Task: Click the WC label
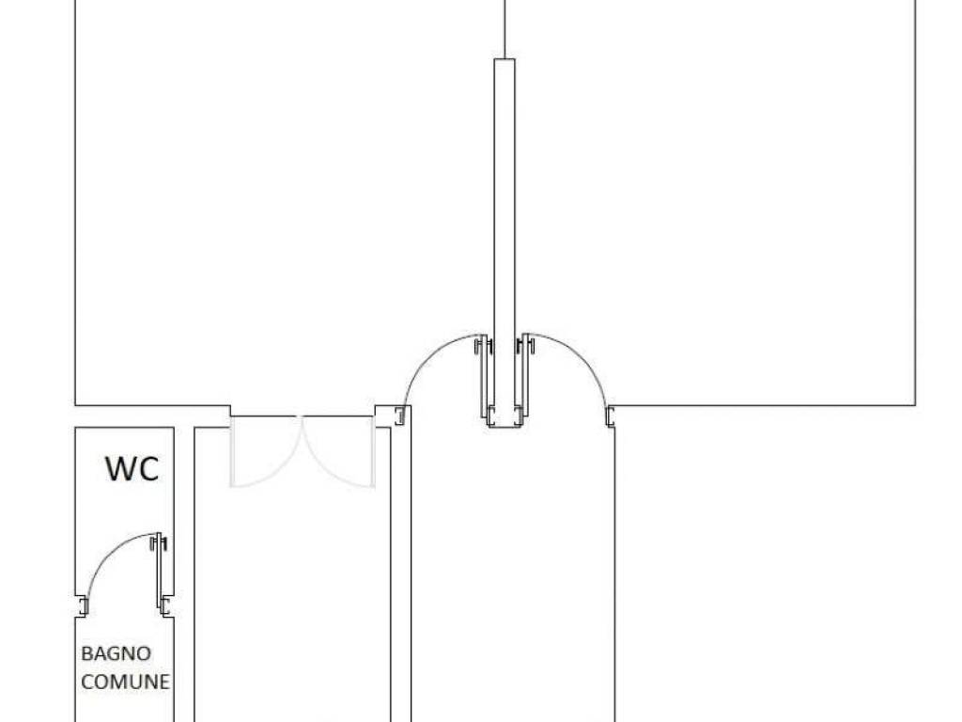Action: pos(132,468)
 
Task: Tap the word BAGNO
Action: pos(116,653)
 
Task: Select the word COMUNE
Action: pos(125,682)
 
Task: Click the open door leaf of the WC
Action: pos(161,574)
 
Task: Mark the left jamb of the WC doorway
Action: pos(84,606)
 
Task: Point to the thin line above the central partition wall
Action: pos(504,29)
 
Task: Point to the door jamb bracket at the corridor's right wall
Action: pos(611,416)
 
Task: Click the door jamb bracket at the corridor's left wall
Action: pos(400,416)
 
